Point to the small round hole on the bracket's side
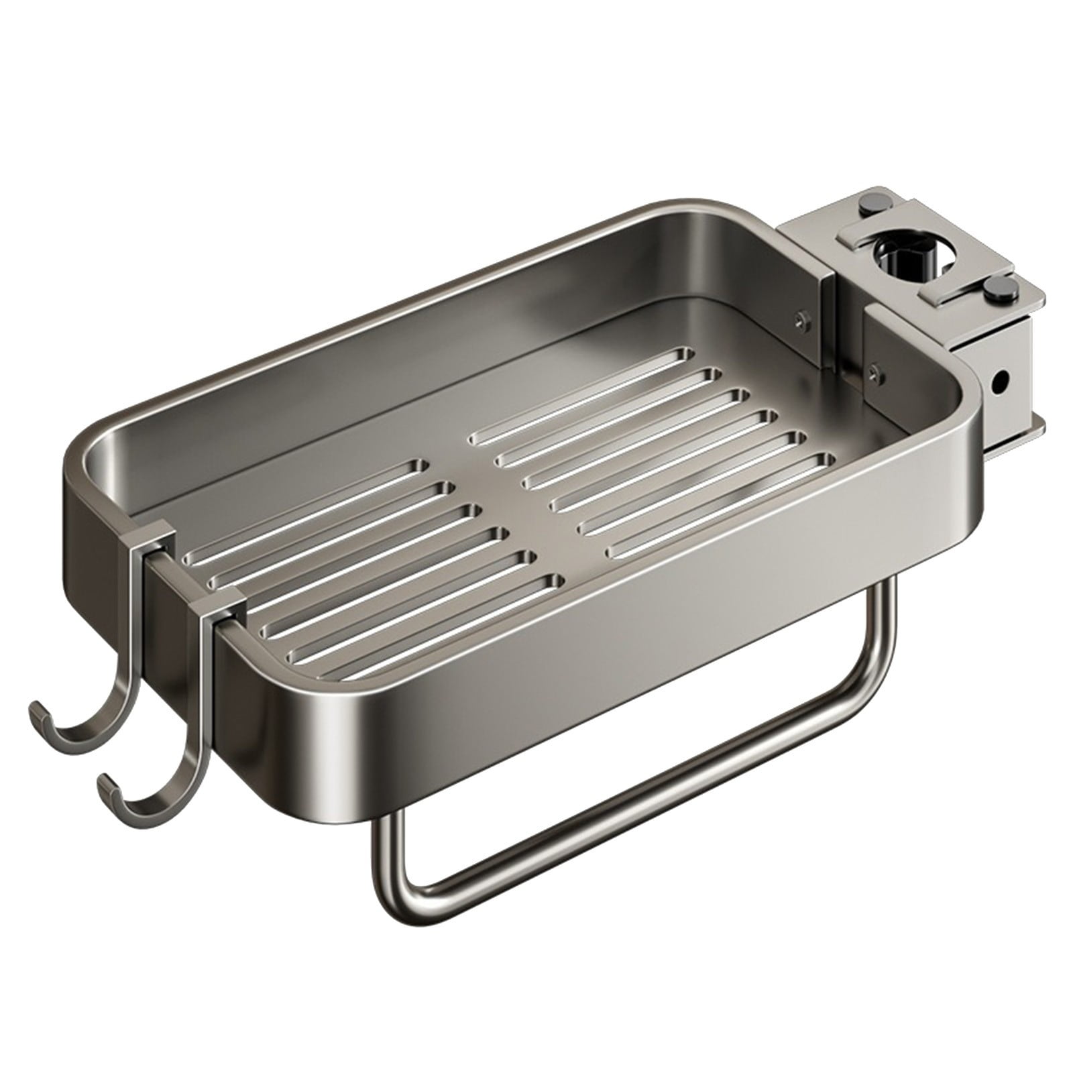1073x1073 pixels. click(1000, 384)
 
